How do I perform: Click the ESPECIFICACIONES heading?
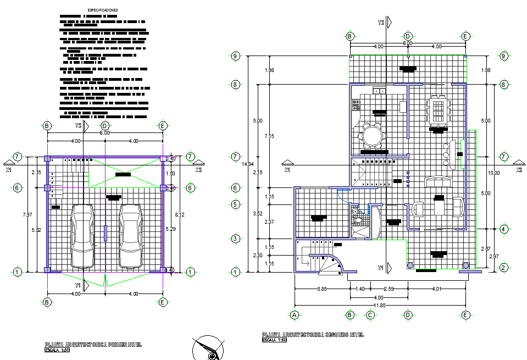tap(103, 10)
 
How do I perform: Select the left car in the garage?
tap(83, 235)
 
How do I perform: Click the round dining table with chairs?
tap(371, 136)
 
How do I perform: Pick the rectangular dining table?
tap(438, 109)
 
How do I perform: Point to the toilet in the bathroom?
tap(356, 212)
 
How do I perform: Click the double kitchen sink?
tap(378, 91)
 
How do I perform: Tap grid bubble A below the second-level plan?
tap(295, 315)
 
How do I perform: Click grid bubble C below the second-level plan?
tap(370, 315)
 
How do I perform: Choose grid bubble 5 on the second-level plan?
tap(236, 204)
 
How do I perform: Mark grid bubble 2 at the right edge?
tap(503, 268)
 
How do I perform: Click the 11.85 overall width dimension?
tap(379, 306)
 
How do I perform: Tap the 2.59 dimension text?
tap(389, 289)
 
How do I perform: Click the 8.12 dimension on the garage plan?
tap(175, 215)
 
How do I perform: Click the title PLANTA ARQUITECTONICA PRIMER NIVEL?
tap(93, 345)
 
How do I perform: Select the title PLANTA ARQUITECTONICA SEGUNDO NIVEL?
tap(313, 335)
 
